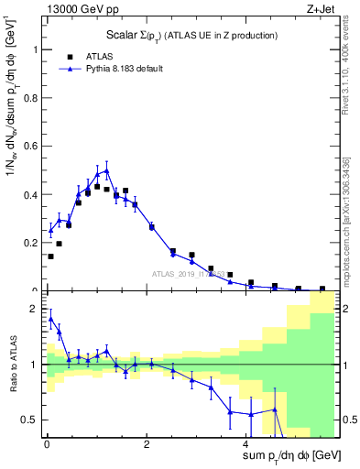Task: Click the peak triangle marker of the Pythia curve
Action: [x=106, y=170]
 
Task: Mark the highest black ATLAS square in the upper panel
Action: [x=97, y=186]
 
